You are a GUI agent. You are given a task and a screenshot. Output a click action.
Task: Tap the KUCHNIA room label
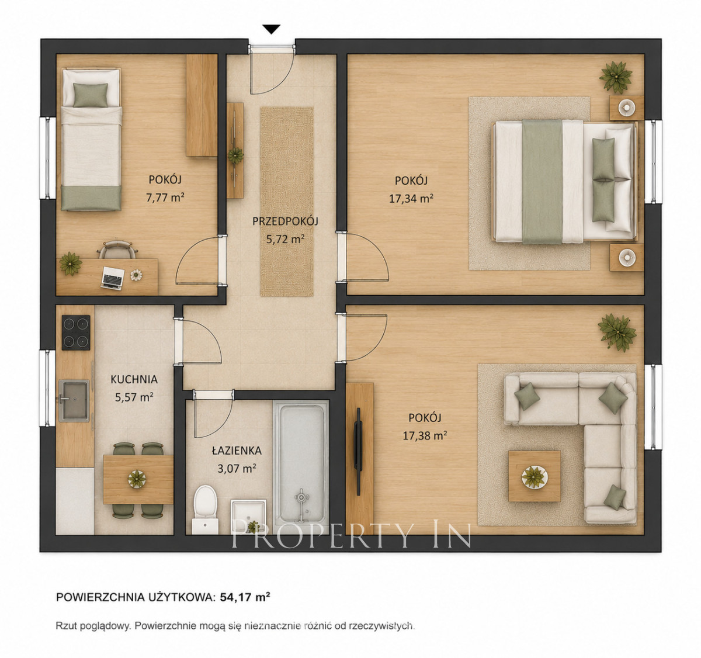point(134,379)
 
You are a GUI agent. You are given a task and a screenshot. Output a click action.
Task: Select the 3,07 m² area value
point(237,468)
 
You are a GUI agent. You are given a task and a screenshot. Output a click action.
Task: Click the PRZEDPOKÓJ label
point(285,221)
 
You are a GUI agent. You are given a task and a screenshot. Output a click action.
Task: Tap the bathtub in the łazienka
point(301,466)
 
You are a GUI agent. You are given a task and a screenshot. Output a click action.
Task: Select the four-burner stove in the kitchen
point(76,333)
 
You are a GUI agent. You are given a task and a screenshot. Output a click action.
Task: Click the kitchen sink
point(74,400)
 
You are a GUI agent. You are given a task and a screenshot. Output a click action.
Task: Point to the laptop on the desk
point(113,278)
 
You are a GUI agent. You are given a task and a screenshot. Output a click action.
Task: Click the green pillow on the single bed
point(91,95)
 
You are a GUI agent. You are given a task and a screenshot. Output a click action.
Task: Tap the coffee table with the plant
point(535,476)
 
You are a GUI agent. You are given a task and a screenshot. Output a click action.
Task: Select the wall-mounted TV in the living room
point(358,451)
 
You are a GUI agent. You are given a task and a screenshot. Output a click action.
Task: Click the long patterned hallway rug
point(287,202)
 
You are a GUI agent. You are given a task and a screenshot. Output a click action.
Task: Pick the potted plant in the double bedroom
point(616,77)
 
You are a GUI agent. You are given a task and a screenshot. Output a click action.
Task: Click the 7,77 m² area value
point(165,197)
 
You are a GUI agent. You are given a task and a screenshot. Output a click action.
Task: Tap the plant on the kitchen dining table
point(137,479)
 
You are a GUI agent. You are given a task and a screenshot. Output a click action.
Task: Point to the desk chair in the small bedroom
point(117,250)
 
